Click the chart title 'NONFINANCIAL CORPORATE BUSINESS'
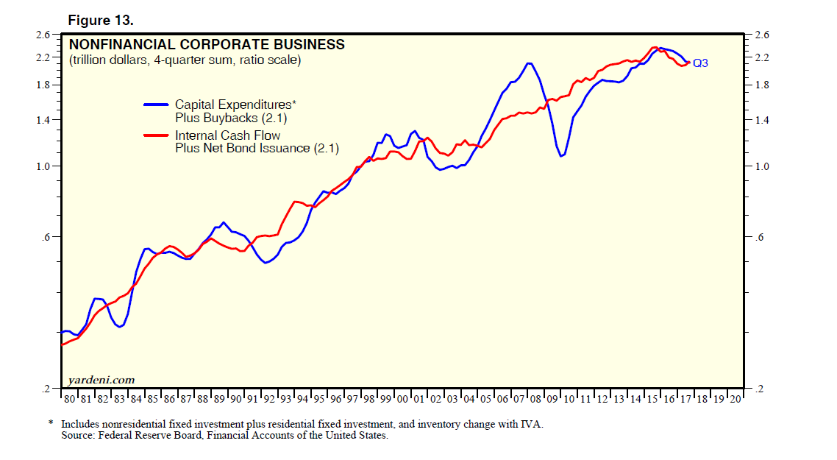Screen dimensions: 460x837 tap(207, 45)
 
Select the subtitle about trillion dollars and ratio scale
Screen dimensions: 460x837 tap(185, 60)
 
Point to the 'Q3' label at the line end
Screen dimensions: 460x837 tap(700, 64)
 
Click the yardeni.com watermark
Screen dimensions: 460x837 tap(101, 380)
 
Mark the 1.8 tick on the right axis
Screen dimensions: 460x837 tap(761, 85)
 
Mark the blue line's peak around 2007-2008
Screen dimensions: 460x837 tap(528, 63)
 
